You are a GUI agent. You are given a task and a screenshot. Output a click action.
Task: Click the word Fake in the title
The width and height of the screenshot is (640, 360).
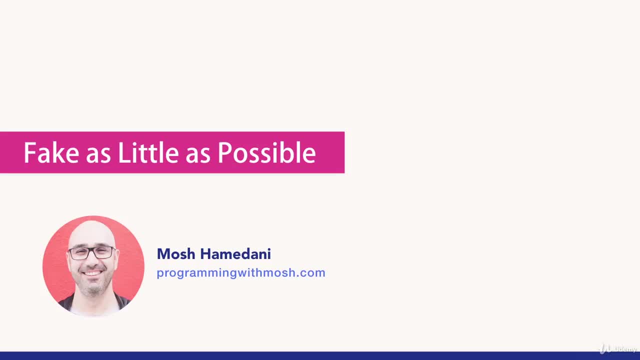[x=51, y=152]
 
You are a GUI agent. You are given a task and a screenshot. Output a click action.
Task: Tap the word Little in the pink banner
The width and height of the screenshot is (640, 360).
[x=148, y=152]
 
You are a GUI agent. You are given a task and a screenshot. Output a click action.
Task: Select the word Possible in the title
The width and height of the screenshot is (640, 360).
[x=266, y=152]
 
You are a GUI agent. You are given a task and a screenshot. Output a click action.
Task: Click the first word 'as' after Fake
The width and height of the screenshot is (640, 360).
[x=98, y=155]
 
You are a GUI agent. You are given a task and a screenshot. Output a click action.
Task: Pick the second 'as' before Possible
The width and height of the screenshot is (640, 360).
[x=198, y=155]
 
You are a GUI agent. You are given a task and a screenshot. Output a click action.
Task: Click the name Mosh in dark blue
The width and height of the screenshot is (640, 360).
[x=176, y=253]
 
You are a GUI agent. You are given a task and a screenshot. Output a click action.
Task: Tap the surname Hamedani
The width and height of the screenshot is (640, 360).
[x=235, y=253]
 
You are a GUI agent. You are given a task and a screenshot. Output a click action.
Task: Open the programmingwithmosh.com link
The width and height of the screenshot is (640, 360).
[x=241, y=273]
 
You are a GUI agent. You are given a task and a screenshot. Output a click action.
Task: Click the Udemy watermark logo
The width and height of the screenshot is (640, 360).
[x=617, y=349]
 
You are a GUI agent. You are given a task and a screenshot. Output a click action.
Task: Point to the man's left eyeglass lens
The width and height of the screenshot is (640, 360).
[x=103, y=252]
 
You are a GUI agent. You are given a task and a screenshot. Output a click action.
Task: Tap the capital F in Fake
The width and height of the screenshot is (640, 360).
[x=29, y=152]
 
